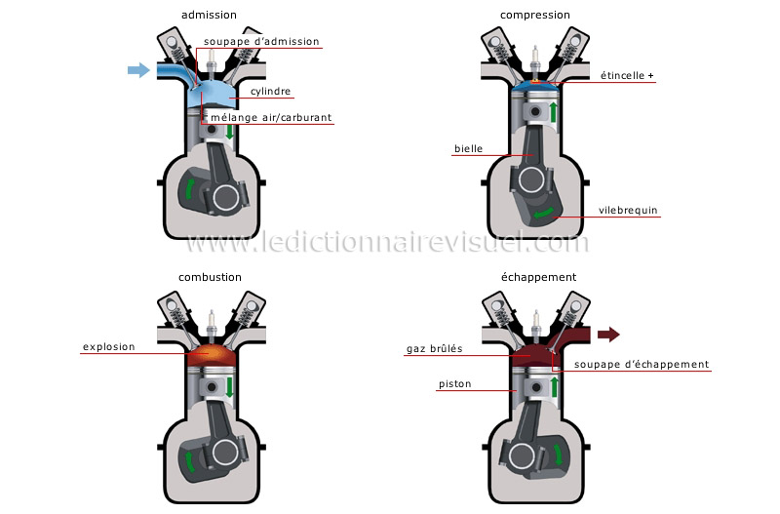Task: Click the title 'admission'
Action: click(x=209, y=15)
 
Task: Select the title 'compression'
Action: click(x=535, y=15)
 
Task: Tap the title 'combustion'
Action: click(x=209, y=277)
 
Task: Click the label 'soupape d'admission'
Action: click(x=262, y=42)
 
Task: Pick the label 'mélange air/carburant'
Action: click(x=272, y=118)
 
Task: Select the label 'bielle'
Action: click(x=468, y=149)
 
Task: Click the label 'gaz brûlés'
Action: click(x=435, y=348)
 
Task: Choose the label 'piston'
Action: click(x=454, y=384)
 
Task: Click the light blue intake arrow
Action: click(x=138, y=69)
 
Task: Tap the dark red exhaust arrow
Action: click(x=607, y=335)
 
